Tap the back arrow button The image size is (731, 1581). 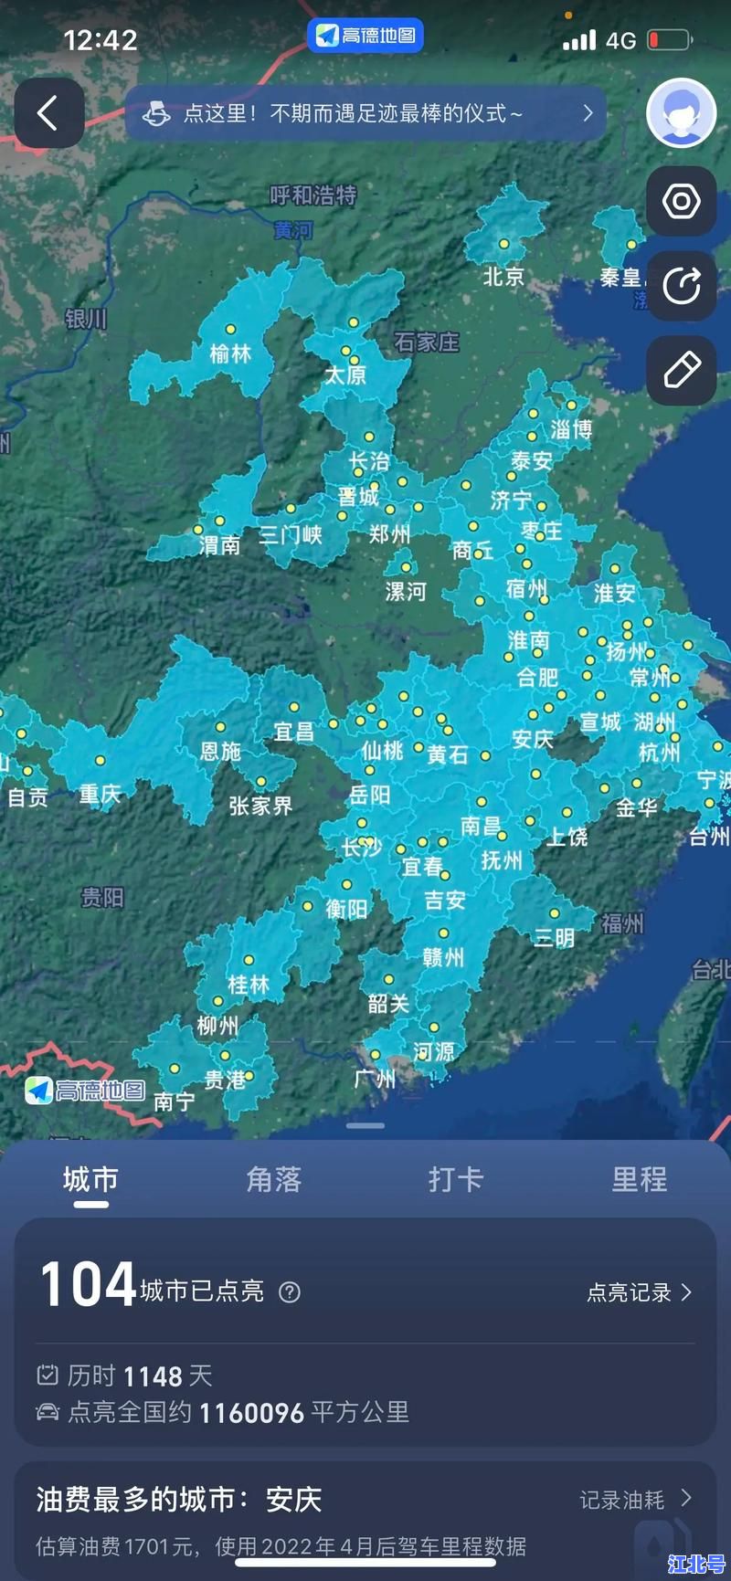pyautogui.click(x=48, y=114)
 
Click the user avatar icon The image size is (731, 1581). pyautogui.click(x=681, y=113)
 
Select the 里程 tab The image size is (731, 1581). pyautogui.click(x=639, y=1179)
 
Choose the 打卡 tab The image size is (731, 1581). pyautogui.click(x=456, y=1179)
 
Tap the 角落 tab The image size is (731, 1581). pyautogui.click(x=273, y=1179)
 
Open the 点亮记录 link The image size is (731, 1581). pyautogui.click(x=639, y=1292)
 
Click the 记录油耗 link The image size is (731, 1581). pyautogui.click(x=635, y=1500)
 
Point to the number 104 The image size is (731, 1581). pyautogui.click(x=88, y=1284)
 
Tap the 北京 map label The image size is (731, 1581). pyautogui.click(x=503, y=276)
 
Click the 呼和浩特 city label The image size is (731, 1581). pyautogui.click(x=313, y=195)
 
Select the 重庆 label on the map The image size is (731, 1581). pyautogui.click(x=100, y=794)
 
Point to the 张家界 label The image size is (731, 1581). pyautogui.click(x=260, y=806)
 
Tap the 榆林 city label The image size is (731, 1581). pyautogui.click(x=230, y=353)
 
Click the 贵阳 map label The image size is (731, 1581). pyautogui.click(x=102, y=898)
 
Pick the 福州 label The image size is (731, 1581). pyautogui.click(x=622, y=923)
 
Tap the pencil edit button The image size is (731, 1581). pyautogui.click(x=682, y=370)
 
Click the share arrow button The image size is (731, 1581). pyautogui.click(x=682, y=286)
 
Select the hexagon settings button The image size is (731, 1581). pyautogui.click(x=682, y=201)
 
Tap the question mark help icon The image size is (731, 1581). pyautogui.click(x=290, y=1292)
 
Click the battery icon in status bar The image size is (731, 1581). pyautogui.click(x=669, y=40)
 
